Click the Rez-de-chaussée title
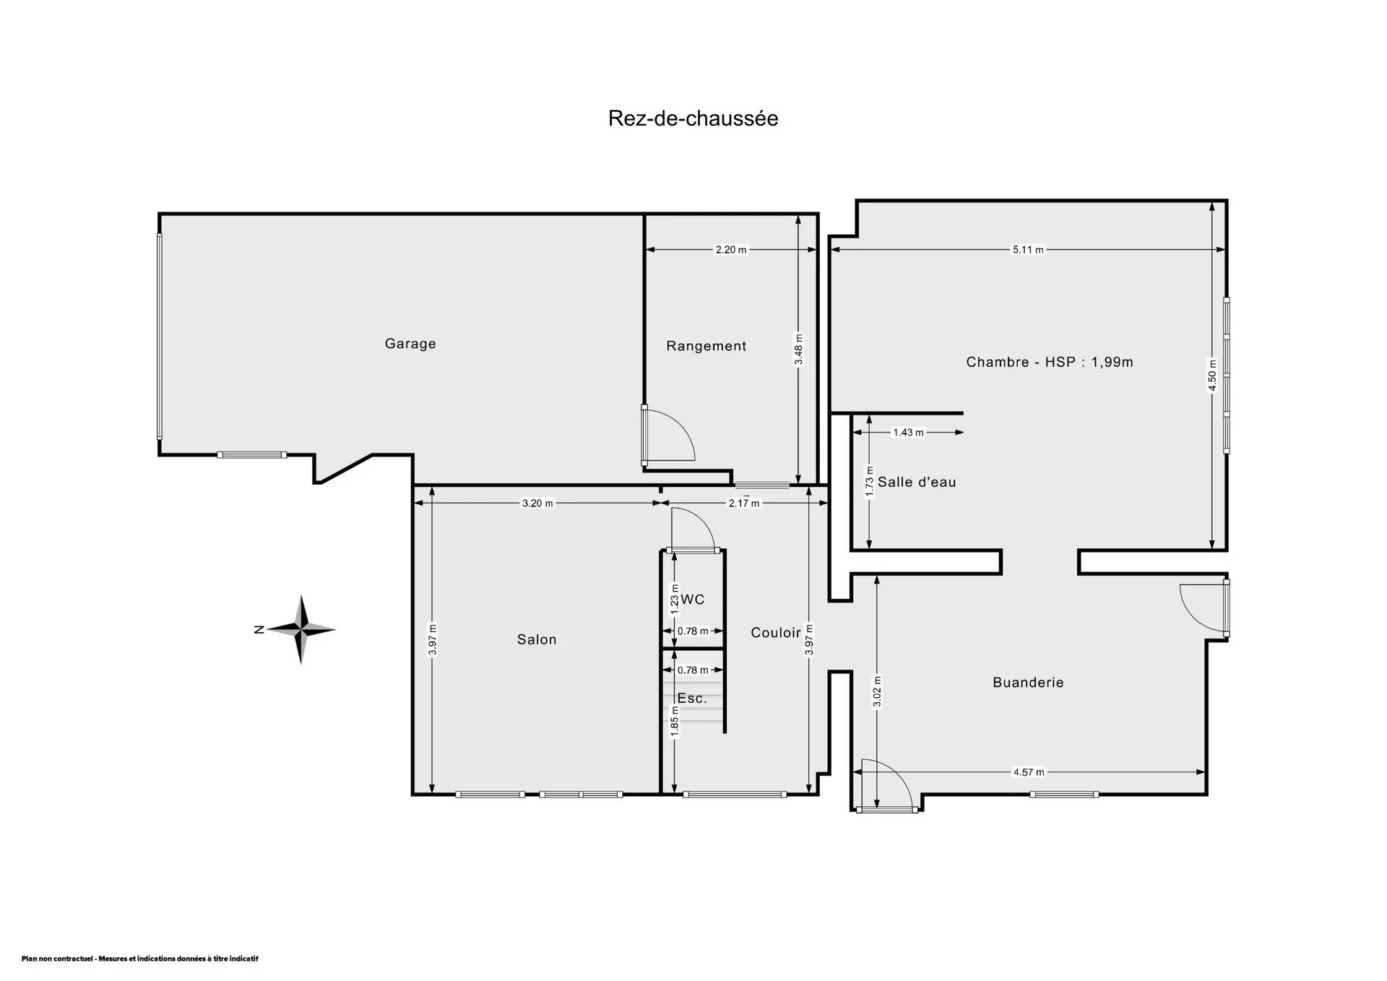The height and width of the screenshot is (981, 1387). (693, 118)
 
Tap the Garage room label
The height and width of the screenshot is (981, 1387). (410, 344)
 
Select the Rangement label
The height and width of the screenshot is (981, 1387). (707, 346)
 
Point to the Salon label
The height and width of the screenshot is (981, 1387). (537, 639)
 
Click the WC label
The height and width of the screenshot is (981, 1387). (693, 600)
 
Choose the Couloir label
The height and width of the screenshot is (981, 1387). (776, 633)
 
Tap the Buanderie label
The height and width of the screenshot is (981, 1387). (1028, 683)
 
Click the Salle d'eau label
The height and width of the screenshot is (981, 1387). (917, 483)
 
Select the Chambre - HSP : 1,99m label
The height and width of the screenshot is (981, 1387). (1050, 362)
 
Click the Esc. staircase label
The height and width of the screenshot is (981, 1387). (692, 699)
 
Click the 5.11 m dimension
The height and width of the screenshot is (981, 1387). (1028, 250)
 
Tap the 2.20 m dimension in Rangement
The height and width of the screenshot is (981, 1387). (731, 250)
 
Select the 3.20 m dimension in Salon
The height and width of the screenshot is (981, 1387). (537, 504)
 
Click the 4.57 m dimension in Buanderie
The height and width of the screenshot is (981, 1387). (1029, 772)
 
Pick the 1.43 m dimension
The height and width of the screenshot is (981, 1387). (908, 433)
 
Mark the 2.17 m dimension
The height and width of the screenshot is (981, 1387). (744, 504)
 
